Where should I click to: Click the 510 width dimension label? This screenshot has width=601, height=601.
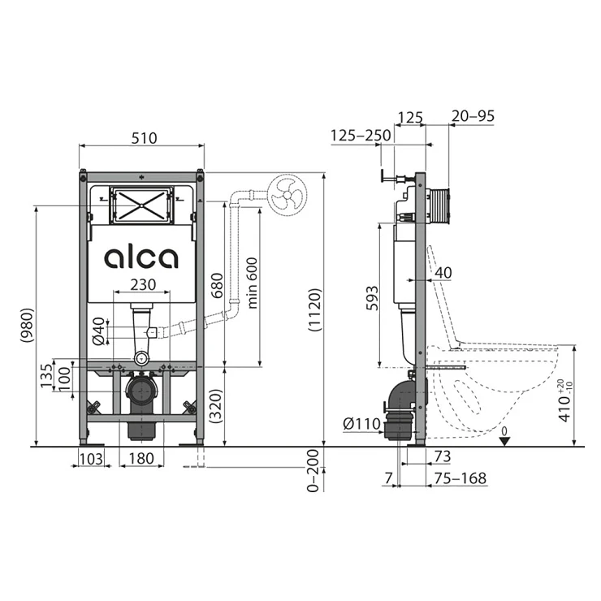pyautogui.click(x=144, y=138)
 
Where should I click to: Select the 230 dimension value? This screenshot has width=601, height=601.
pyautogui.click(x=143, y=284)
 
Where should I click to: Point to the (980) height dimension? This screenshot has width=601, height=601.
pyautogui.click(x=28, y=325)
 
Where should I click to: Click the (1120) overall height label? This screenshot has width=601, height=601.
pyautogui.click(x=314, y=310)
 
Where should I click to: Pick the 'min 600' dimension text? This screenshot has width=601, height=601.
pyautogui.click(x=253, y=283)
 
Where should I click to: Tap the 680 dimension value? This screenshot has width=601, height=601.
pyautogui.click(x=217, y=286)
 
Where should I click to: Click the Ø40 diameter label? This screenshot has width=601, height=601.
pyautogui.click(x=98, y=331)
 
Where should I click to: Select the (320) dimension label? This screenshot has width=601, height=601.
pyautogui.click(x=216, y=406)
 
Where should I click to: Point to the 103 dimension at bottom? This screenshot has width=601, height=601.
pyautogui.click(x=91, y=458)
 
